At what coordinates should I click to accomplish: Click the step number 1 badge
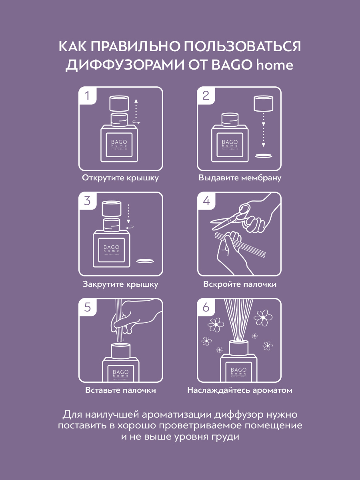(88, 96)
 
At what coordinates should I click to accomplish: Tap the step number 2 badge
(206, 96)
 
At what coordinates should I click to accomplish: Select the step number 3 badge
(88, 201)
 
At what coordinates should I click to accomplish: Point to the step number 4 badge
(206, 201)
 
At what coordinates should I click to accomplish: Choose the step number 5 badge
(88, 307)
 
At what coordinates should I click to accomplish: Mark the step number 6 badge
(206, 307)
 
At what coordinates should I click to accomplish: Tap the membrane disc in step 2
(264, 156)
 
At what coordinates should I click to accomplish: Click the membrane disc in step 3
(145, 261)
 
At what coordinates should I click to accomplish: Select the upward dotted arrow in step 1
(136, 109)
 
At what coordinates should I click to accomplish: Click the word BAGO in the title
(231, 65)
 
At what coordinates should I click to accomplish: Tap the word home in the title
(274, 65)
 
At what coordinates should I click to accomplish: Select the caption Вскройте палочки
(240, 284)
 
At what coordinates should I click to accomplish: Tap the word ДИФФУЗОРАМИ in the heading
(125, 65)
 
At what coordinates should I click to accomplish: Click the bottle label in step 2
(230, 145)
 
